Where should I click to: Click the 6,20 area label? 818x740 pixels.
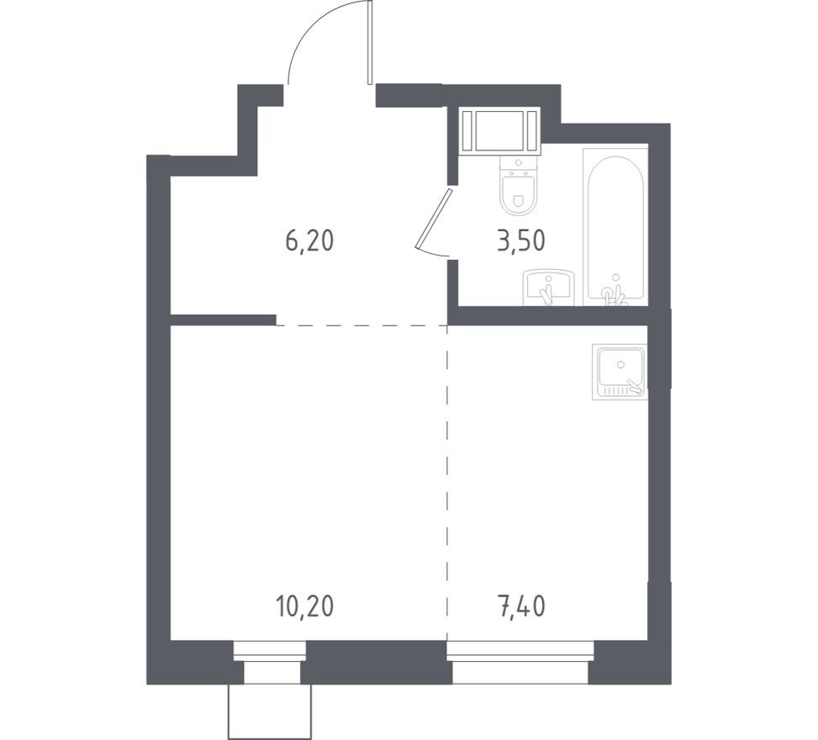pos(309,241)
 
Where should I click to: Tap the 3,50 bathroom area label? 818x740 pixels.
pos(521,240)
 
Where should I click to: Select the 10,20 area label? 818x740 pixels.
pos(304,606)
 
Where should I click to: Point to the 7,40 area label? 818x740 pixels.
pos(522,606)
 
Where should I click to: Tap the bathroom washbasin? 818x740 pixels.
pos(548,288)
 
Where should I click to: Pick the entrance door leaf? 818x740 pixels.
pos(369,42)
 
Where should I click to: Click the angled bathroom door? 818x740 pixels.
pos(434,220)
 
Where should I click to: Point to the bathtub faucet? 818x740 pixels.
pos(614,293)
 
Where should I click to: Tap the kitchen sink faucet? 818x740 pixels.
pos(636,386)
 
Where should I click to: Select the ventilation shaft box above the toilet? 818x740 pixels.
pos(499,130)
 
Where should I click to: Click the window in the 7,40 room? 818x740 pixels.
pos(520,662)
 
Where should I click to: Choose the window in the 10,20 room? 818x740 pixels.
pos(269,662)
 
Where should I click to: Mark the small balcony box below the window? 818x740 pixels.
pos(269,711)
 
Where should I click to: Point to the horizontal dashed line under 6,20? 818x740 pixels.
pos(362,325)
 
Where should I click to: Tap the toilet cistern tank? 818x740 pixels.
pos(518,166)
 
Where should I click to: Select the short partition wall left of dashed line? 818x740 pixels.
pos(224,320)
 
